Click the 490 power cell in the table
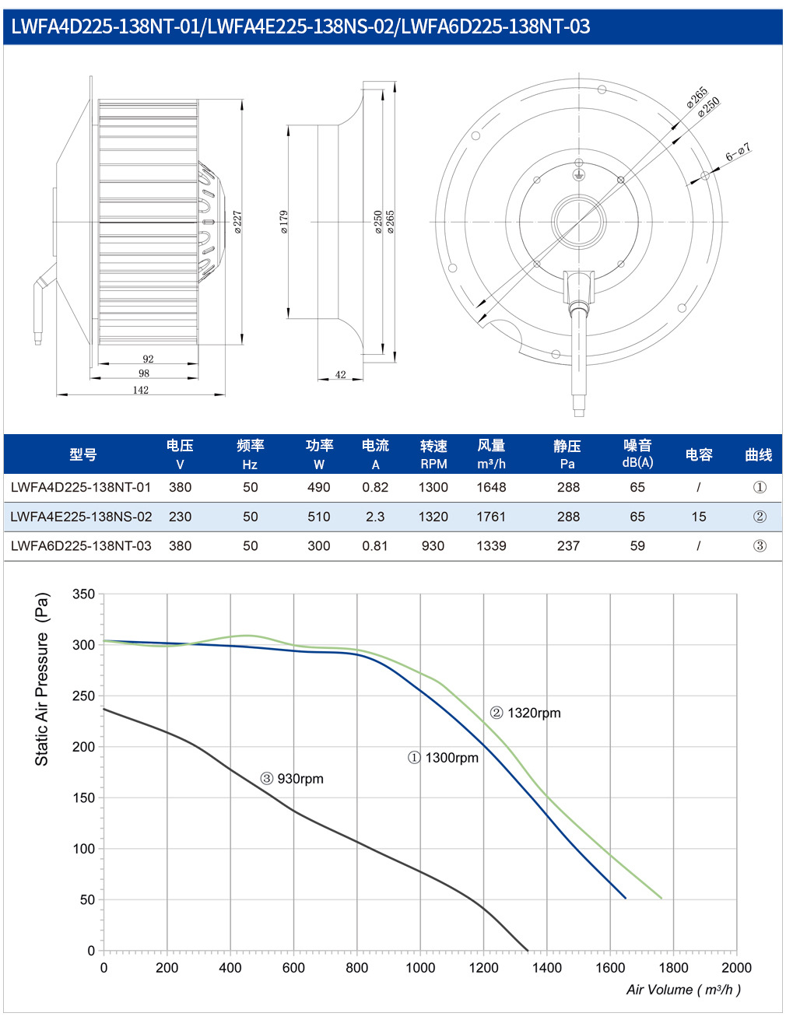pos(318,487)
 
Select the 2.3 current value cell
pos(374,517)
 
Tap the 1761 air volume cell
pos(491,517)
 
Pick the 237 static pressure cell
pos(568,546)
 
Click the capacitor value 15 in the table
pos(698,517)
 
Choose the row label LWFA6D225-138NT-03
pos(81,546)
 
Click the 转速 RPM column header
pos(433,454)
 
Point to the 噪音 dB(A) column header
pos(637,454)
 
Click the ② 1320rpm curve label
pos(525,713)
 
